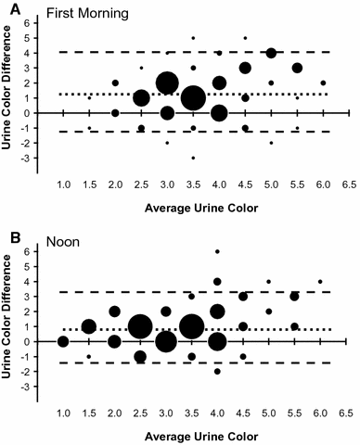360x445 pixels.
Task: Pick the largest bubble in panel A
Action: pyautogui.click(x=193, y=97)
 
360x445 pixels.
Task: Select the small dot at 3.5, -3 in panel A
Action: pyautogui.click(x=193, y=158)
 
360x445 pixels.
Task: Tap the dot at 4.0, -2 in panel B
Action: pyautogui.click(x=218, y=371)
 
